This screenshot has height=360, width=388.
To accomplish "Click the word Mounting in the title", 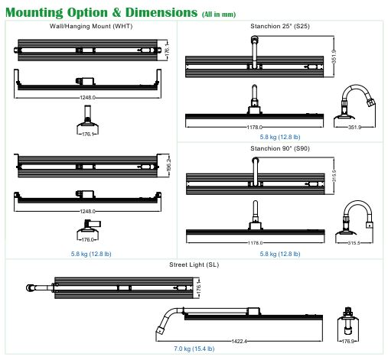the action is tap(34, 12).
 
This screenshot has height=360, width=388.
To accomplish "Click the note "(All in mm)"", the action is tap(219, 15).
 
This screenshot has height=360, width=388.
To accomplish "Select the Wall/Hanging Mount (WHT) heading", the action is tap(91, 26).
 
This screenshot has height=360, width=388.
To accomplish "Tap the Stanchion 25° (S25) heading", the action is tap(280, 26).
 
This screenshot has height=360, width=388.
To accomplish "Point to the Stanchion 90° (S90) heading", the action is tap(280, 148).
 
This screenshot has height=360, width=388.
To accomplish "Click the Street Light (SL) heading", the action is tap(194, 264).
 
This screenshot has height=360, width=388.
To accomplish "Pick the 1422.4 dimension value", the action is tap(239, 341).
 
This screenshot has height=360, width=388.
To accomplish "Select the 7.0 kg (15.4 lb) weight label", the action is tap(194, 349).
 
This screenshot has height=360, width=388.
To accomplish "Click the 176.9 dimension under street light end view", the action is tap(348, 341).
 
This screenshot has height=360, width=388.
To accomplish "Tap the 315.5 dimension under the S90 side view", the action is tap(354, 243).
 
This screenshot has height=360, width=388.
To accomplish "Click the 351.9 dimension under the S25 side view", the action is tap(354, 127).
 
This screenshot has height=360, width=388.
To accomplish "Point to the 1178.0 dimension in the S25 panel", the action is tap(254, 127).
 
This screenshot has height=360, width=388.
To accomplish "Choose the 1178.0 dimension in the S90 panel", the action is tap(255, 243).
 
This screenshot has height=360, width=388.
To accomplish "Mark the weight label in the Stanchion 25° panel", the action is tap(280, 137).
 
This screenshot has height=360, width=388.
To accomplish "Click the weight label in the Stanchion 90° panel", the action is tap(280, 254).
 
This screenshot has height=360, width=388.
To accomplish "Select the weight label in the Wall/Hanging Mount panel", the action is tap(91, 254).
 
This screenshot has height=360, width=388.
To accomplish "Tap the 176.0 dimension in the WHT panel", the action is tap(87, 239).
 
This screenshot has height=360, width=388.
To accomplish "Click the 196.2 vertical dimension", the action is tap(168, 164).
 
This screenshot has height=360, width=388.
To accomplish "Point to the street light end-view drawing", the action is tap(348, 322).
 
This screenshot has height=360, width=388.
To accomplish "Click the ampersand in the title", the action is tap(116, 12).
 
